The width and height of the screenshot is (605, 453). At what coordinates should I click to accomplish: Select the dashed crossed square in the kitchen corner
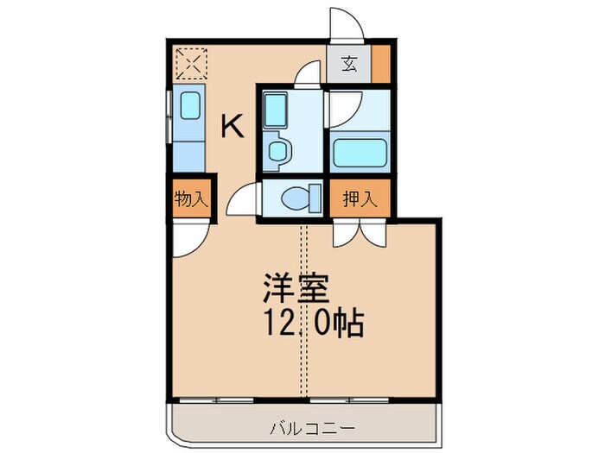[x=191, y=64]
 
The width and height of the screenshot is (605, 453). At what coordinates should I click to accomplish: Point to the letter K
[x=232, y=128]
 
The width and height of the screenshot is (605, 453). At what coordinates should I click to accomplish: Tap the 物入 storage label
[x=190, y=199]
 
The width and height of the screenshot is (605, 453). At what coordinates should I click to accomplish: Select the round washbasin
[x=278, y=150]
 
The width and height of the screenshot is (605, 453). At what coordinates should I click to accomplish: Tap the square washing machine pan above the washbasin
[x=277, y=110]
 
